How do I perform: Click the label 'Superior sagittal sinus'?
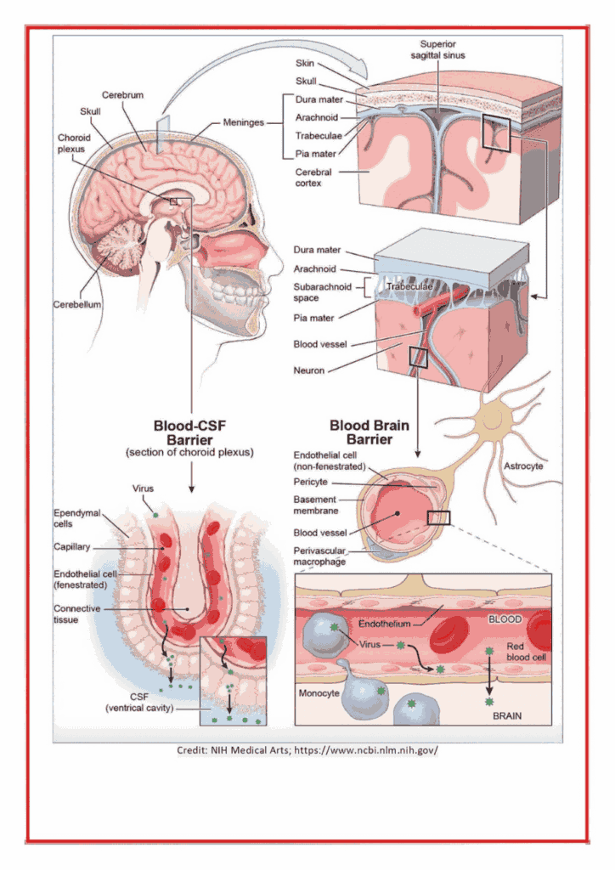(x=437, y=49)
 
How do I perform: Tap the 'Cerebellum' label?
(x=77, y=305)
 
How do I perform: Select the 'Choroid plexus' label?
(x=74, y=143)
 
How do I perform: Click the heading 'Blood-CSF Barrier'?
(x=189, y=432)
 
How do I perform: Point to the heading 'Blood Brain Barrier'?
(x=370, y=432)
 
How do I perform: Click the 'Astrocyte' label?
(x=523, y=466)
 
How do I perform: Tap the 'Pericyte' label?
(x=311, y=482)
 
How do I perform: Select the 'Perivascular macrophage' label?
(x=319, y=556)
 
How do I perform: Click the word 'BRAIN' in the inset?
(x=507, y=715)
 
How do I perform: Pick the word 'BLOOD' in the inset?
(x=505, y=619)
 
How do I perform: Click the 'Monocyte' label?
(x=319, y=693)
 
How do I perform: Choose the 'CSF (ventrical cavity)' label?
(x=139, y=702)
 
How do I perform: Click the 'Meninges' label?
(x=244, y=122)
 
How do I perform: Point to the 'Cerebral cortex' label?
(x=313, y=178)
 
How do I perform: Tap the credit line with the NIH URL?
(x=307, y=750)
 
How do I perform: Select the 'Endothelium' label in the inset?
(x=384, y=624)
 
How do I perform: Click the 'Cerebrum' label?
(x=122, y=95)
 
